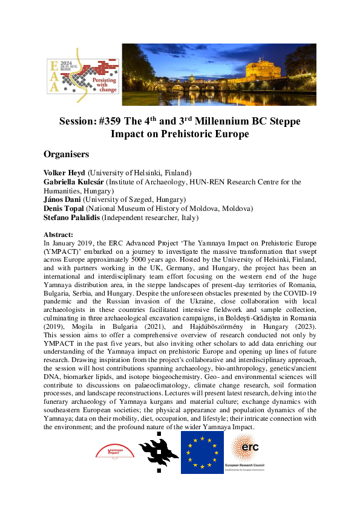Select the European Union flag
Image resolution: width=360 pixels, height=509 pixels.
202,452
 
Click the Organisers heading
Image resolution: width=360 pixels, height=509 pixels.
67,154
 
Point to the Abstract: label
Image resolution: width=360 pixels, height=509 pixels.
59,234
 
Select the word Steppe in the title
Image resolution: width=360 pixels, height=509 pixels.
284,122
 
